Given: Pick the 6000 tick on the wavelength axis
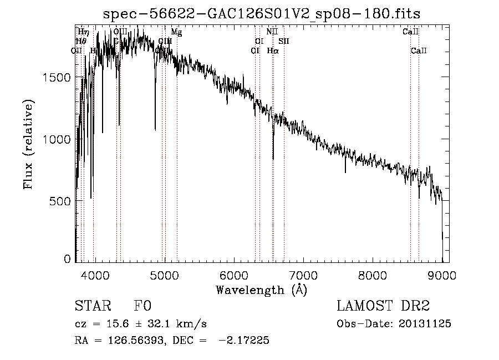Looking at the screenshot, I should [233, 275].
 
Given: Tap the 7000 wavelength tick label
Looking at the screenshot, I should [303, 275].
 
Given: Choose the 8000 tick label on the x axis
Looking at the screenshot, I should [373, 275].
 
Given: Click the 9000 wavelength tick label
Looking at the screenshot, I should [442, 275].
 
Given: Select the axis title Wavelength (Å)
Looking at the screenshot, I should [262, 290].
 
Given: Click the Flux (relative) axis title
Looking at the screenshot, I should [28, 144].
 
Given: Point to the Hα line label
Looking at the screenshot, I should [272, 51].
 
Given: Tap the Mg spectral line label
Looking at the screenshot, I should [176, 32].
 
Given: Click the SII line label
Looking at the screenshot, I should [284, 41].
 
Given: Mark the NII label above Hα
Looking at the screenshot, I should [272, 32].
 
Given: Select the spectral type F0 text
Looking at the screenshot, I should [142, 306].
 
